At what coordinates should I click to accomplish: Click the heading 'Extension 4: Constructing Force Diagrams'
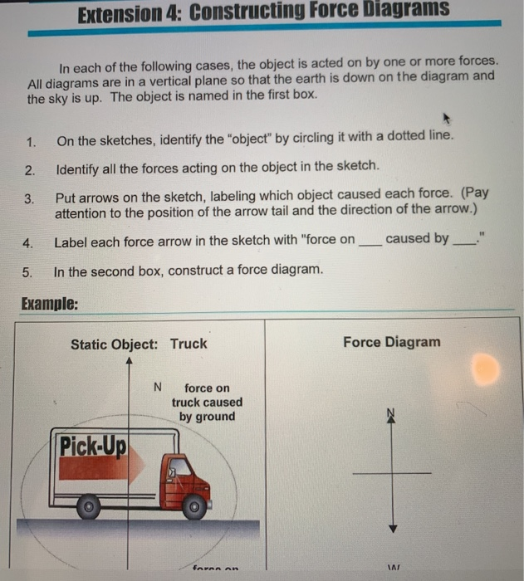tap(263, 12)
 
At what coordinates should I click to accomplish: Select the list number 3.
tap(30, 199)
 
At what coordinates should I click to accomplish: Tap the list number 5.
tap(30, 272)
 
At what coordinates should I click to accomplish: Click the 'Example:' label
tap(49, 304)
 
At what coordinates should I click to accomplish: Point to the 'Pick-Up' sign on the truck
tap(92, 448)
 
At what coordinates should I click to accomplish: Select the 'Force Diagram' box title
tap(392, 342)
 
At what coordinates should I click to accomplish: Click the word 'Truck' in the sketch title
tap(189, 344)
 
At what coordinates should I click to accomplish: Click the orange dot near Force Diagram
tap(487, 367)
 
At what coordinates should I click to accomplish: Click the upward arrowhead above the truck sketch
tap(128, 362)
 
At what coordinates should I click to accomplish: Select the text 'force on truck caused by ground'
tap(208, 403)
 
